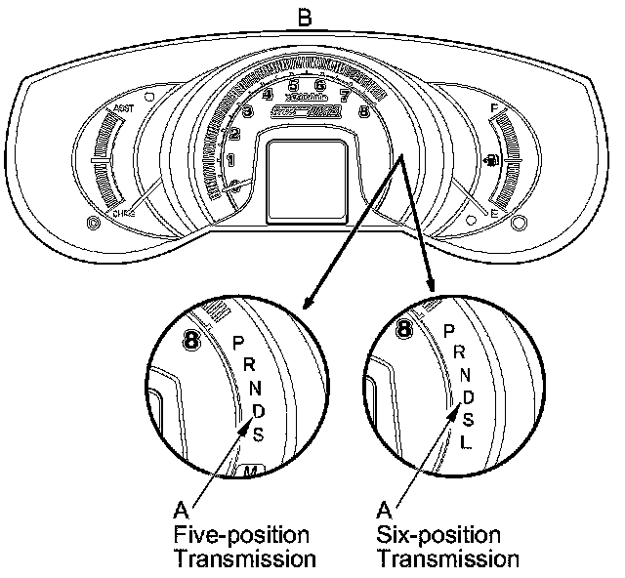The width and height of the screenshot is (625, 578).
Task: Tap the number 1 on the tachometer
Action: tap(230, 159)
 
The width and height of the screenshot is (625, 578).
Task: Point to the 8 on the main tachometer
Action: tap(364, 110)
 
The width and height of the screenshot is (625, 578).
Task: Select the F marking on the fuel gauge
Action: tap(495, 107)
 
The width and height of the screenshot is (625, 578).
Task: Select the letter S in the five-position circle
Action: tap(258, 433)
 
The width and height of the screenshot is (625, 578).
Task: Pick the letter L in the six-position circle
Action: tap(467, 442)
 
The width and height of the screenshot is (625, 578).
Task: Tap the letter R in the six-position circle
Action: tap(458, 353)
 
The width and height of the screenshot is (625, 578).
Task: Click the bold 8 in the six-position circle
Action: tap(403, 331)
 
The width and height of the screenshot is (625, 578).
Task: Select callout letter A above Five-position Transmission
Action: tap(180, 510)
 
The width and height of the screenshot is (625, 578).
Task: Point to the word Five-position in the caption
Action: tap(241, 535)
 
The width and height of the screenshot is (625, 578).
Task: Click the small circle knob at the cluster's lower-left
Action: tap(94, 223)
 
